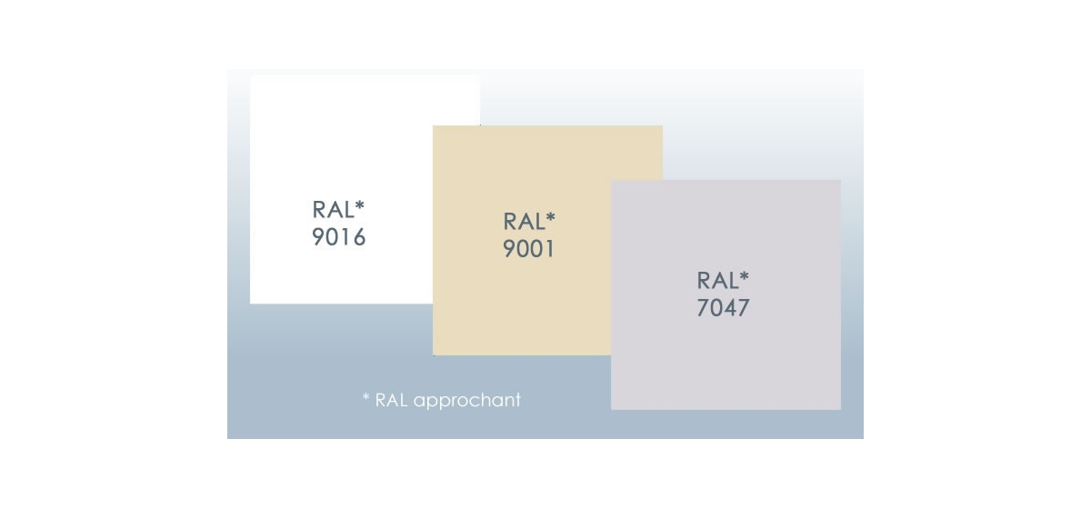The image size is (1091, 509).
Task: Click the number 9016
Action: pyautogui.click(x=338, y=237)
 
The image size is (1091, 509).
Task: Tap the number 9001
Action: pyautogui.click(x=528, y=249)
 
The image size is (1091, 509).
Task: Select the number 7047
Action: pyautogui.click(x=723, y=308)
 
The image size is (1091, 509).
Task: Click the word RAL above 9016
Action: pyautogui.click(x=333, y=210)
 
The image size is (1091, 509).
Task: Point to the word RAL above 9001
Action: pyautogui.click(x=524, y=222)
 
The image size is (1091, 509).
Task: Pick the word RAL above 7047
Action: pyautogui.click(x=717, y=281)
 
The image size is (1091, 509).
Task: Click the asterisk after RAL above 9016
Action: pyautogui.click(x=359, y=205)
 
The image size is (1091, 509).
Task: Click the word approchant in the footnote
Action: pyautogui.click(x=467, y=401)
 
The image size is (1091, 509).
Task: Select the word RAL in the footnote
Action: pyautogui.click(x=392, y=400)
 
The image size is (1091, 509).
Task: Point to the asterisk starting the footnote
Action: pyautogui.click(x=366, y=397)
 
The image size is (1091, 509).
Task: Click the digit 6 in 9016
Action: pyautogui.click(x=359, y=237)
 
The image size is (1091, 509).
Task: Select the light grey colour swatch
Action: pyautogui.click(x=726, y=295)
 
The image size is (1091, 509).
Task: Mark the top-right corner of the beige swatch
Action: pyautogui.click(x=663, y=125)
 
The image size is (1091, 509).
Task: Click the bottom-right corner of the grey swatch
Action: pyautogui.click(x=841, y=410)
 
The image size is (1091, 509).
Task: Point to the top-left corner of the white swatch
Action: pyautogui.click(x=250, y=75)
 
